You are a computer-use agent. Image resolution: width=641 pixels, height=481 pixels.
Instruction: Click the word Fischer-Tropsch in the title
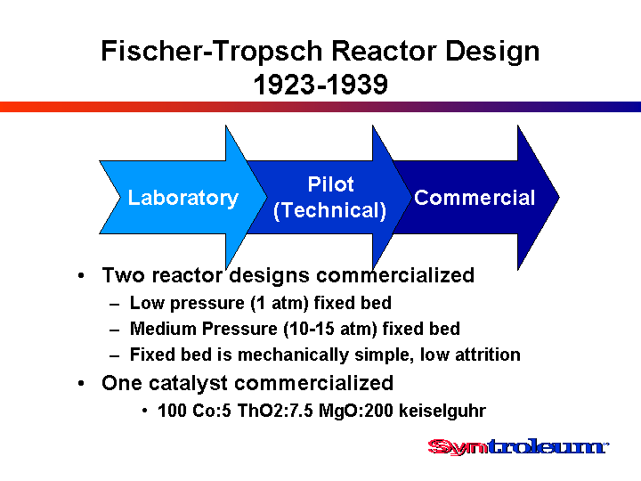[212, 52]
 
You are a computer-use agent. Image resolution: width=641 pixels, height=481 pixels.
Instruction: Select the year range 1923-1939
[320, 85]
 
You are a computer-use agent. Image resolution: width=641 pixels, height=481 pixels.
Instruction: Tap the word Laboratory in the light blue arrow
[183, 198]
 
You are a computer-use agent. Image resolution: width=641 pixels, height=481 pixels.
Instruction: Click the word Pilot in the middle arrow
[330, 184]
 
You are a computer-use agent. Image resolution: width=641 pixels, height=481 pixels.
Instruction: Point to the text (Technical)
[329, 210]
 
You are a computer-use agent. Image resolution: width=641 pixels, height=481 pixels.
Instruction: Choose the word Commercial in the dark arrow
[475, 198]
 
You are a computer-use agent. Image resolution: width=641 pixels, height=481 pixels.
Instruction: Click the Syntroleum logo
[518, 446]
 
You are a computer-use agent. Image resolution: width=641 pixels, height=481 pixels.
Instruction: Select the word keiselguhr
[442, 411]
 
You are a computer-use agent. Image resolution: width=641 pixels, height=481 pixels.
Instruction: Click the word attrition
[487, 355]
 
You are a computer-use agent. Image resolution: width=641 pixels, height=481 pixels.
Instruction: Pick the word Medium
[163, 329]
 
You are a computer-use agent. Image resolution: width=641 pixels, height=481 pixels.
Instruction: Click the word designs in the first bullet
[270, 275]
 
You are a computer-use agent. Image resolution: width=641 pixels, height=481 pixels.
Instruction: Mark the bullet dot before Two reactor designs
[81, 275]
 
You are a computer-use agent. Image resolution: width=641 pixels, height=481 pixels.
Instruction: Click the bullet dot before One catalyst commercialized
[81, 384]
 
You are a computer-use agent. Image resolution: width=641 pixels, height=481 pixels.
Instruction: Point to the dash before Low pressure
[115, 305]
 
